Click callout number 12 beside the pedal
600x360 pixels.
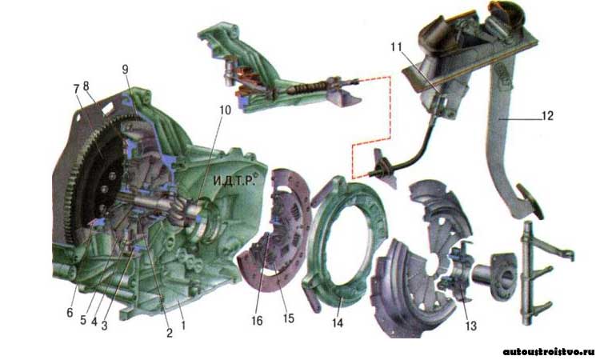[x=547, y=115]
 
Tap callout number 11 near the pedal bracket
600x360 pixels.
[x=397, y=46]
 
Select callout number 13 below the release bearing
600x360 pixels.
[x=470, y=326]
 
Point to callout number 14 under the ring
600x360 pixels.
[x=337, y=323]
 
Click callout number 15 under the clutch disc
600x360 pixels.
[x=289, y=318]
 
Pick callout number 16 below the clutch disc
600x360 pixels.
[x=257, y=321]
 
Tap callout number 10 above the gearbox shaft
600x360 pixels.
[x=225, y=110]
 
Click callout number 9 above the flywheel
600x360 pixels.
[x=125, y=70]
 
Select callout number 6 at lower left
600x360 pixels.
[x=70, y=313]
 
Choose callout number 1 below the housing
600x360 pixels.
[x=183, y=325]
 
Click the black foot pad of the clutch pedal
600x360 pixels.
[x=530, y=201]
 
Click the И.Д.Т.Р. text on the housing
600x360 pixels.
[x=234, y=180]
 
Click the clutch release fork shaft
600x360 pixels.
[x=527, y=273]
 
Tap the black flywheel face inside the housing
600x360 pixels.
[x=100, y=180]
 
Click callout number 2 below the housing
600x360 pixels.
[x=169, y=333]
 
